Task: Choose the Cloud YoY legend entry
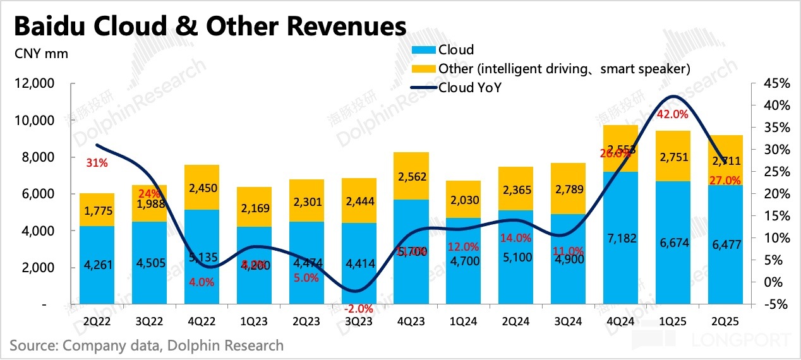click(x=469, y=88)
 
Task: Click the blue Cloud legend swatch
click(x=423, y=50)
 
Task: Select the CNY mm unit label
click(x=41, y=53)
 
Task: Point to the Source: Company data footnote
click(x=147, y=345)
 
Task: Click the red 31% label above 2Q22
click(x=97, y=163)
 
